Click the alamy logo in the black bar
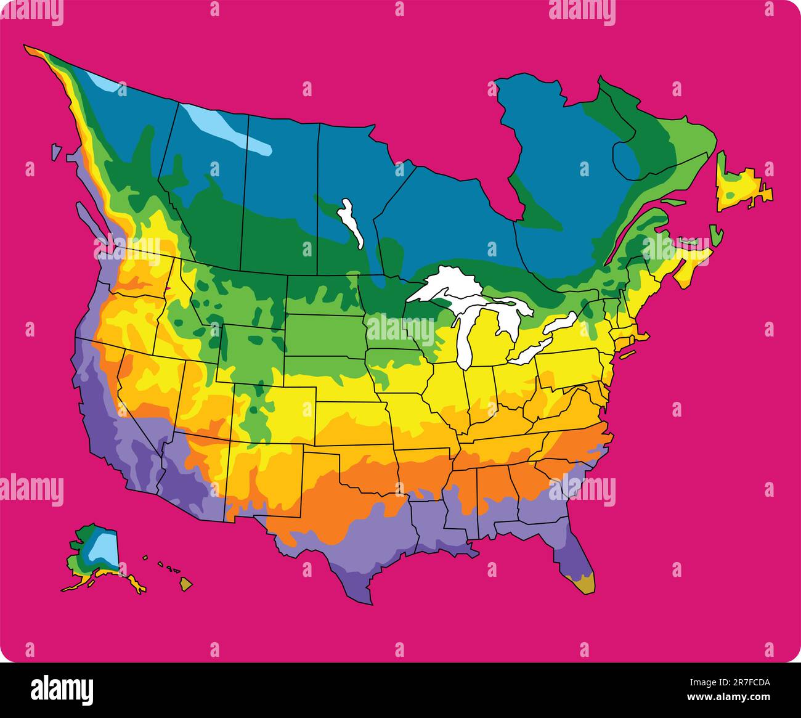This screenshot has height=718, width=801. click(x=62, y=689)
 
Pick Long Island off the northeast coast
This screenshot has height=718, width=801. click(x=627, y=354)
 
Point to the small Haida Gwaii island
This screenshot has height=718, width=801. click(x=56, y=151)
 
